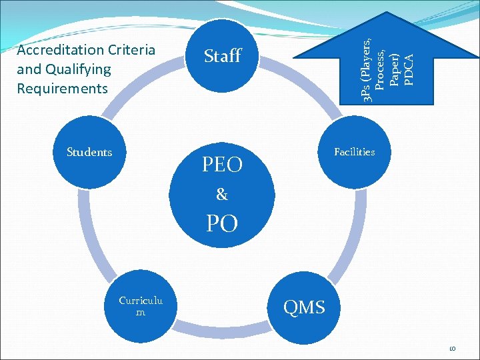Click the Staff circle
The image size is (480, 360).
(x=222, y=57)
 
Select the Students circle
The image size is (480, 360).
(x=89, y=153)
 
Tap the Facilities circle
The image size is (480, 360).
(x=354, y=153)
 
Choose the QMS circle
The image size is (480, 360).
(x=305, y=307)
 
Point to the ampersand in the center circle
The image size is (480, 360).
(x=222, y=195)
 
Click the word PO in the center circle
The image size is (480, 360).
(x=222, y=223)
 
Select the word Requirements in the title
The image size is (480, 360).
(x=62, y=89)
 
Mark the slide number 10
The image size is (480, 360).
(x=451, y=349)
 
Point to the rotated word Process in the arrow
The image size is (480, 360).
(x=380, y=69)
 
